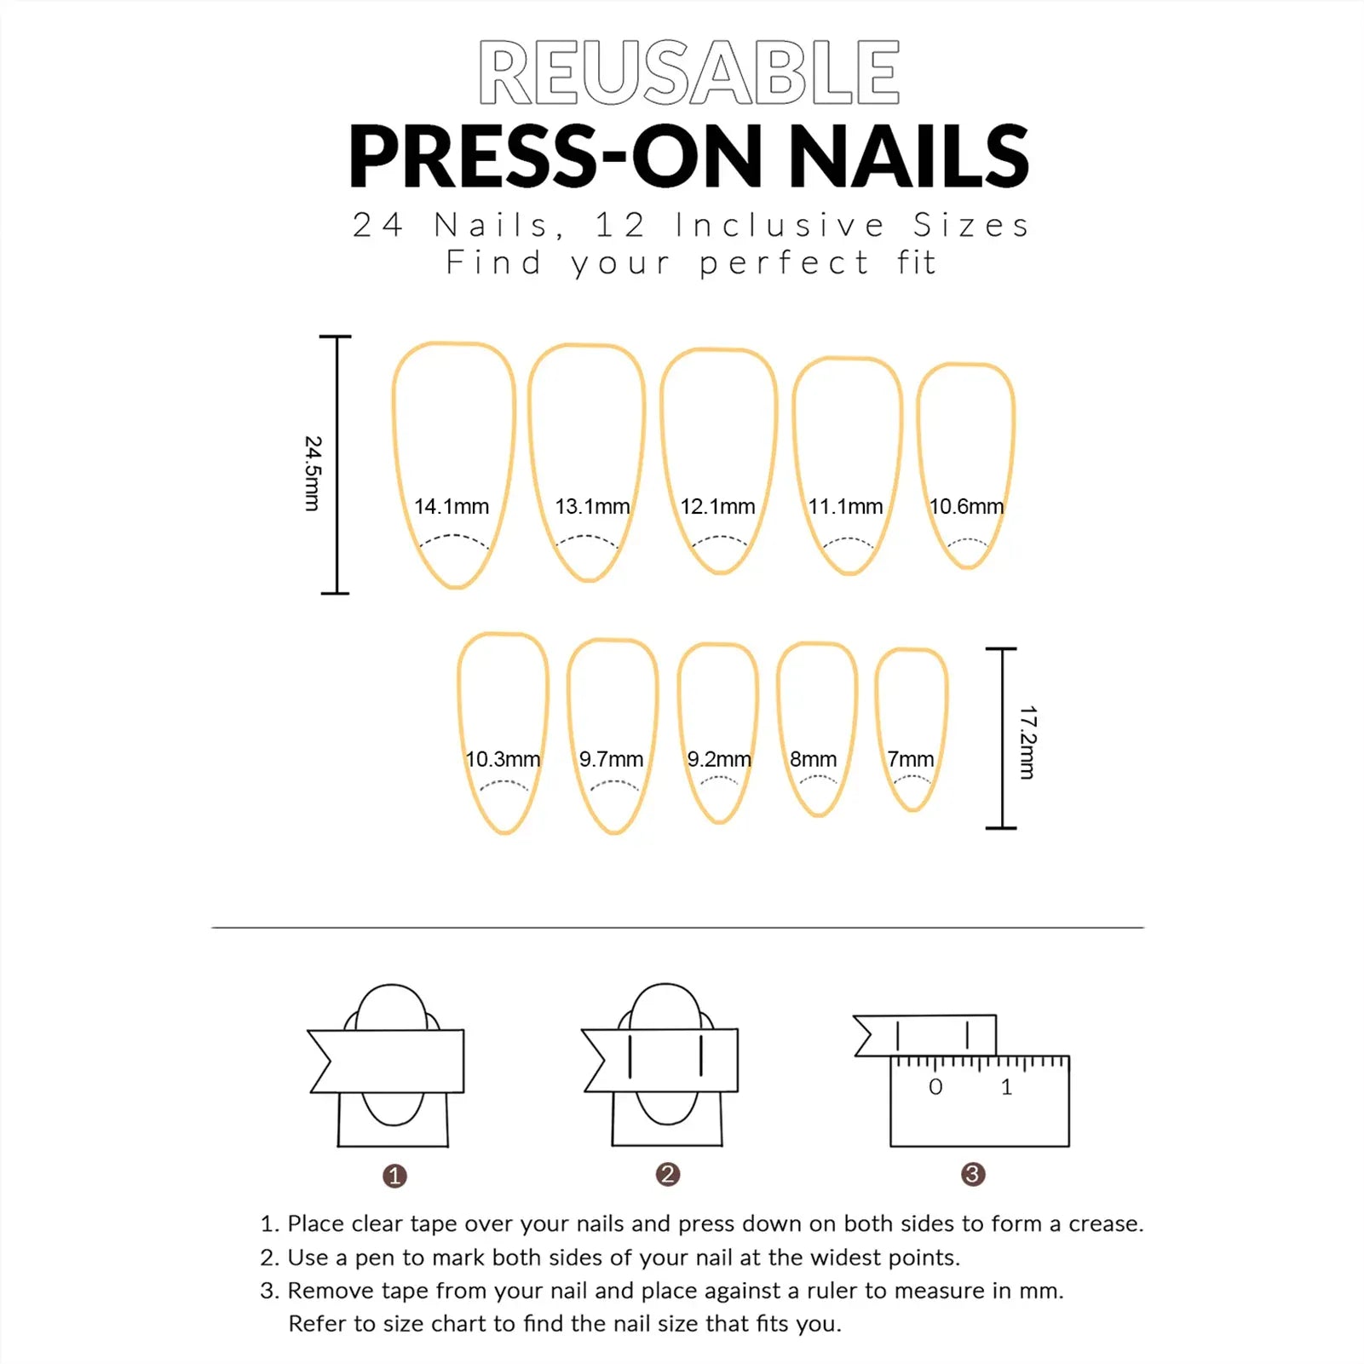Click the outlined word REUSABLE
click(x=688, y=73)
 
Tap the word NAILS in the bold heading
click(x=909, y=157)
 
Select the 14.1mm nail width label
click(x=452, y=507)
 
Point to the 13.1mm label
click(x=592, y=507)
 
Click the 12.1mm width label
click(x=717, y=507)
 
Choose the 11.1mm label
click(x=845, y=507)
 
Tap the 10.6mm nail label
click(x=966, y=507)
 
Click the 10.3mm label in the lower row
click(x=503, y=759)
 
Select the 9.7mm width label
click(x=611, y=759)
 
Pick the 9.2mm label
click(x=719, y=759)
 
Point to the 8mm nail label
click(x=813, y=759)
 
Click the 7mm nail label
click(x=910, y=759)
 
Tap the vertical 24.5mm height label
click(x=313, y=474)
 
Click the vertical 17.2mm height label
click(x=1027, y=742)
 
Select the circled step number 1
click(x=394, y=1177)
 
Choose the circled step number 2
click(x=668, y=1175)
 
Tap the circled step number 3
click(x=973, y=1175)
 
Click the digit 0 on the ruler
click(x=935, y=1087)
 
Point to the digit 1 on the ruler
click(x=1006, y=1087)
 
